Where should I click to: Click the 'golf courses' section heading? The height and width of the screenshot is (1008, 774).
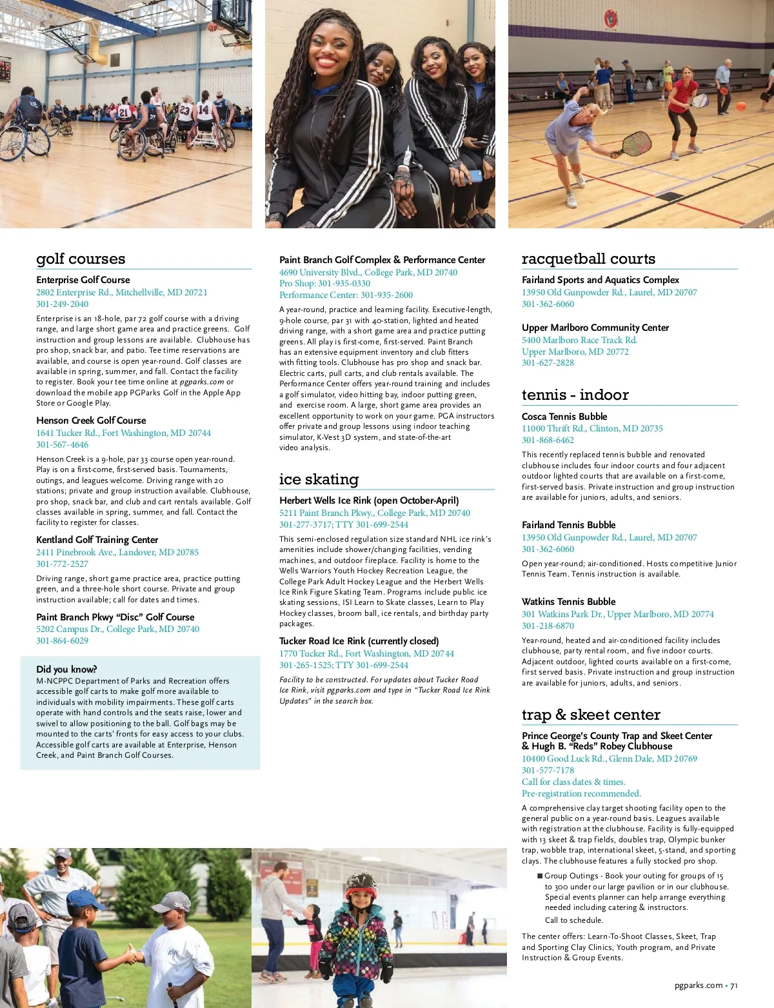81,259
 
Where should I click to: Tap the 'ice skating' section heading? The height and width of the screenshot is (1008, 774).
319,479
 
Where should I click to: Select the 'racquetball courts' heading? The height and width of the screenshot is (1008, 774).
588,259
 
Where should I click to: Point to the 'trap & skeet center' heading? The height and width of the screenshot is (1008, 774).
591,715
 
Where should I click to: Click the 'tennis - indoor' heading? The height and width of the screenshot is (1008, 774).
575,395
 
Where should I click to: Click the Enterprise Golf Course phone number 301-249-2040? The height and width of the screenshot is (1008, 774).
63,304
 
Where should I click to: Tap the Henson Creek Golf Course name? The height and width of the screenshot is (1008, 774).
91,420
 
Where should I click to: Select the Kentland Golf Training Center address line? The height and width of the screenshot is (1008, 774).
117,553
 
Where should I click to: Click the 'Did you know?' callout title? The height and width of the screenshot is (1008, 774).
67,669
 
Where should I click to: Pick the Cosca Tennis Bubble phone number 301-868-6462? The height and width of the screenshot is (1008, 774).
548,440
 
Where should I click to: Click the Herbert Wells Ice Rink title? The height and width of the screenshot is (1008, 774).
369,500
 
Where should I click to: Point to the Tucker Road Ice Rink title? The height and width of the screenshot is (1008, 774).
359,641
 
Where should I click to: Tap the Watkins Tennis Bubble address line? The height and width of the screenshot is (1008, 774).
617,615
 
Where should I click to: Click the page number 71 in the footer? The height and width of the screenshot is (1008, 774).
734,985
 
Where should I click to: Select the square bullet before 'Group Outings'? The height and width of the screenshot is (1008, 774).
540,876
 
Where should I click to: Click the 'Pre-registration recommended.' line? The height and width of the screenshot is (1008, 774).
581,794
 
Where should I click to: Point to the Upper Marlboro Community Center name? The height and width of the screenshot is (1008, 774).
595,328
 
